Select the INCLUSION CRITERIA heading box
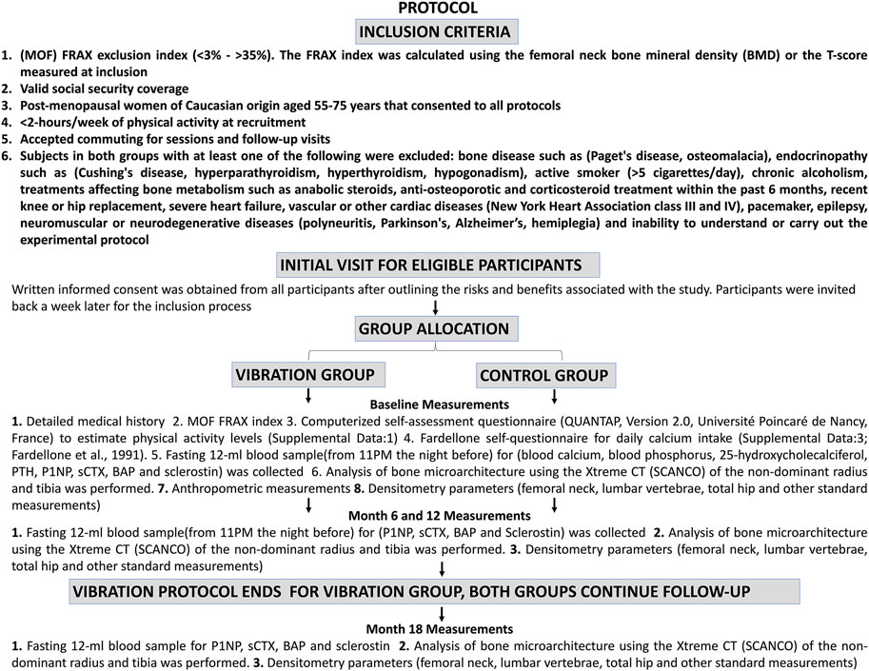coord(434,31)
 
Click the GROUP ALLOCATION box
coord(434,329)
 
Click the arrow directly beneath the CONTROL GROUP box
coord(556,395)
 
